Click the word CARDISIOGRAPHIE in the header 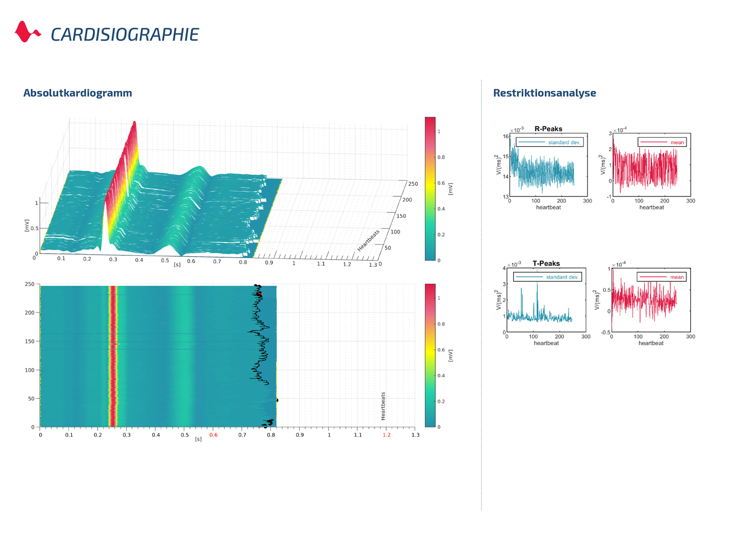pyautogui.click(x=125, y=35)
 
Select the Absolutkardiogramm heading pyautogui.click(x=77, y=93)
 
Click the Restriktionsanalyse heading pyautogui.click(x=544, y=93)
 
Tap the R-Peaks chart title pyautogui.click(x=548, y=129)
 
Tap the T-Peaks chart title pyautogui.click(x=546, y=263)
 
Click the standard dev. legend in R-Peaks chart pyautogui.click(x=549, y=143)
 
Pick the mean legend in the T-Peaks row pyautogui.click(x=662, y=277)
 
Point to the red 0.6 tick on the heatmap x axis pyautogui.click(x=214, y=435)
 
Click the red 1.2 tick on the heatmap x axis pyautogui.click(x=386, y=435)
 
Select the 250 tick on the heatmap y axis pyautogui.click(x=30, y=284)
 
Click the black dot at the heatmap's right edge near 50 pyautogui.click(x=277, y=400)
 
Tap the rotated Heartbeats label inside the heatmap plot pyautogui.click(x=383, y=406)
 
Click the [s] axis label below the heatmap pyautogui.click(x=198, y=439)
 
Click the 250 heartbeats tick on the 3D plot pyautogui.click(x=413, y=184)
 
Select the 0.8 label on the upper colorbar pyautogui.click(x=441, y=157)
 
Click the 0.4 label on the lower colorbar pyautogui.click(x=441, y=376)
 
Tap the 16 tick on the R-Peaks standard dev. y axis pyautogui.click(x=506, y=137)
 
